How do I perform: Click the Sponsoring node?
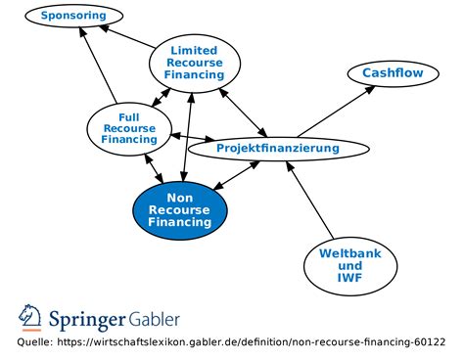(74, 17)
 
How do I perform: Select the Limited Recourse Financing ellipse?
(194, 61)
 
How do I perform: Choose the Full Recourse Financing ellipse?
(129, 126)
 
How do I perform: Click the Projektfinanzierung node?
(278, 149)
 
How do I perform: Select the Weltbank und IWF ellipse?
(350, 265)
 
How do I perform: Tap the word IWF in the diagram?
(350, 278)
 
